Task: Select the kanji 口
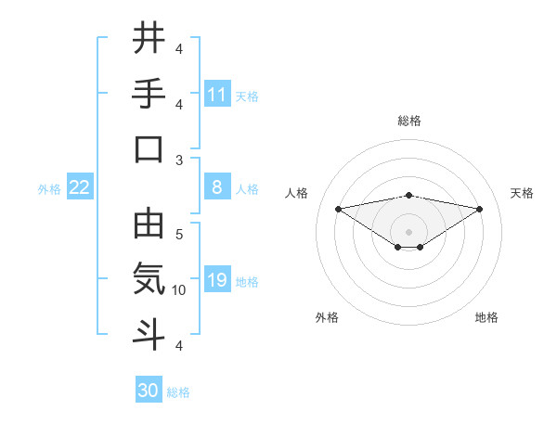[x=149, y=149]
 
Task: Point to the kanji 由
[x=149, y=224]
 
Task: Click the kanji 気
[x=149, y=279]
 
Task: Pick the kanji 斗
[x=149, y=335]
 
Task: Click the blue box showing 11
[x=217, y=94]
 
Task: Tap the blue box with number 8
[x=217, y=187]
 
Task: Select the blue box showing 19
[x=217, y=280]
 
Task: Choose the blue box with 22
[x=80, y=187]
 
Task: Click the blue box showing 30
[x=149, y=391]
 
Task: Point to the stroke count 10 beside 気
[x=179, y=290]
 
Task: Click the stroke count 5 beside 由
[x=179, y=235]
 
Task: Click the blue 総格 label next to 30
[x=179, y=392]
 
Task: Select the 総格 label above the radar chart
[x=409, y=121]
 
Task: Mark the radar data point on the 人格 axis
[x=338, y=208]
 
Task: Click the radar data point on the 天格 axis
[x=479, y=209]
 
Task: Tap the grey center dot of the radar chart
[x=408, y=230]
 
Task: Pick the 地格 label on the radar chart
[x=486, y=317]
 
